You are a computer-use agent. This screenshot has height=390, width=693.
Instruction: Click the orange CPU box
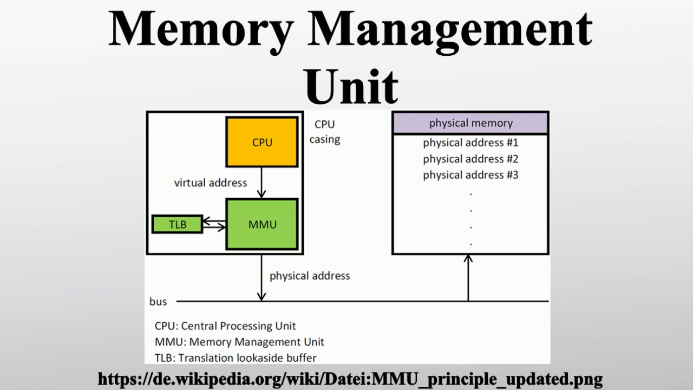pyautogui.click(x=262, y=142)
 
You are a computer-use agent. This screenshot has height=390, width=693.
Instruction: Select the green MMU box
pyautogui.click(x=262, y=224)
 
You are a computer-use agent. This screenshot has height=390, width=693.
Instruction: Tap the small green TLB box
pyautogui.click(x=177, y=224)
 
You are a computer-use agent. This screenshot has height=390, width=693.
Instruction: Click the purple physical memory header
pyautogui.click(x=470, y=123)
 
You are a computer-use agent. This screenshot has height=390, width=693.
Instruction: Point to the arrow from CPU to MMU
pyautogui.click(x=261, y=183)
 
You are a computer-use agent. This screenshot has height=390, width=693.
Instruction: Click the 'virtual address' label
pyautogui.click(x=211, y=183)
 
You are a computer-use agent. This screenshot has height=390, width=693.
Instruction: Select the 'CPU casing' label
pyautogui.click(x=325, y=132)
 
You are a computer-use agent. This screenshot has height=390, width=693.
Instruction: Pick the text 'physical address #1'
pyautogui.click(x=470, y=142)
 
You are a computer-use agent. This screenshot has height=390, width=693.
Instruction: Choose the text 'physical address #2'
pyautogui.click(x=470, y=159)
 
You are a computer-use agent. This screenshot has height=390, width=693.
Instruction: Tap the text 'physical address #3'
pyautogui.click(x=470, y=175)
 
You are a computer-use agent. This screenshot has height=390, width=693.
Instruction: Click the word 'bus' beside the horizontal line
pyautogui.click(x=158, y=302)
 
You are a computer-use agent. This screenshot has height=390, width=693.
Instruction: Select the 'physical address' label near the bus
pyautogui.click(x=310, y=276)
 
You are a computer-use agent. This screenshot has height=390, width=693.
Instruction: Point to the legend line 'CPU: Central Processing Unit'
pyautogui.click(x=225, y=326)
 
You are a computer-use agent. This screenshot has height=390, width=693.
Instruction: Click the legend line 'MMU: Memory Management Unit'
pyautogui.click(x=239, y=342)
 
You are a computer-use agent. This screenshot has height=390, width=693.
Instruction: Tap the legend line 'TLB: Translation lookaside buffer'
pyautogui.click(x=236, y=357)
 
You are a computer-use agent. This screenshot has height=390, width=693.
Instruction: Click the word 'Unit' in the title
pyautogui.click(x=351, y=87)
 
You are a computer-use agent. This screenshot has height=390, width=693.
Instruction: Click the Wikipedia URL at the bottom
pyautogui.click(x=350, y=378)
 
